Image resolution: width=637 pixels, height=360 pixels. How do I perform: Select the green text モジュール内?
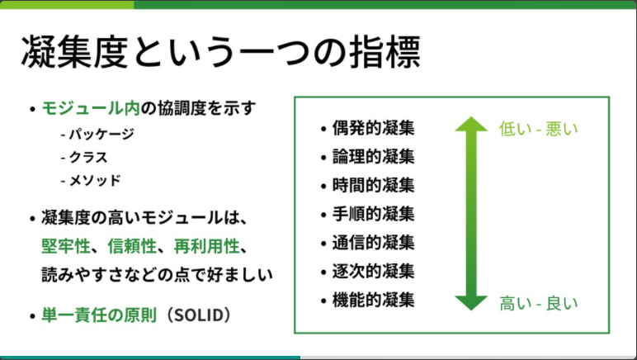[x=90, y=107]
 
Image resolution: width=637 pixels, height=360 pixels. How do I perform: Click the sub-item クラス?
[x=89, y=156]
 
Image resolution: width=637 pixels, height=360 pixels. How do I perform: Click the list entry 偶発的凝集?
[x=373, y=128]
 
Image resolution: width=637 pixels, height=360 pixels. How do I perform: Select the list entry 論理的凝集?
[x=373, y=156]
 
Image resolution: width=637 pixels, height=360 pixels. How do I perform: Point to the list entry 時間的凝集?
[x=373, y=185]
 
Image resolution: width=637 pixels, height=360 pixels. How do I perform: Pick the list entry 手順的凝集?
[x=373, y=214]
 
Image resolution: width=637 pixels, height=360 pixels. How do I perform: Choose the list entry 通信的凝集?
[x=373, y=242]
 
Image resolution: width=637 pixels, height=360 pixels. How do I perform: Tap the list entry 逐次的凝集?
[x=373, y=271]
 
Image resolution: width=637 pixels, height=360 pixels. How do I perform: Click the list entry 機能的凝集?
[x=373, y=299]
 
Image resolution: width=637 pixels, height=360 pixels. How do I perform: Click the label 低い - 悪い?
[x=539, y=129]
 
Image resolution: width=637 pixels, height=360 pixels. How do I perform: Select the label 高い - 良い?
[x=539, y=303]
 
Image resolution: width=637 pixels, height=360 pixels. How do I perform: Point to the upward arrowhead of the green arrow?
[x=471, y=126]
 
